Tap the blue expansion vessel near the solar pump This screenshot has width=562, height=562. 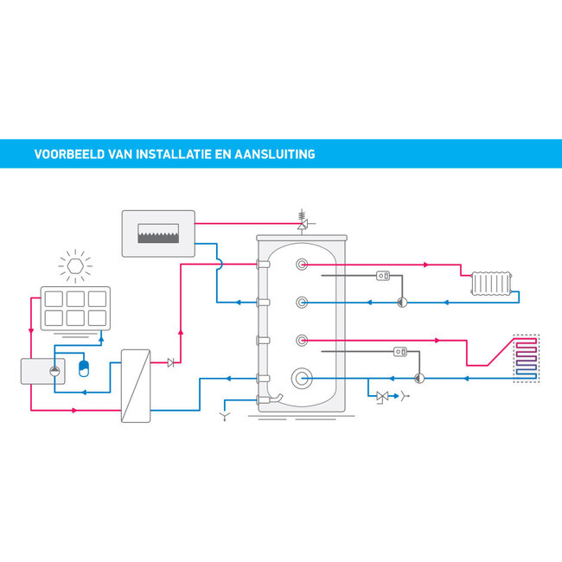point(83,367)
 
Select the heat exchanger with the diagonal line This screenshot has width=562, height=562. point(135,385)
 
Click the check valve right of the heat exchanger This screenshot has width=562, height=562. point(170,363)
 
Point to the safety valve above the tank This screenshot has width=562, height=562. point(303,223)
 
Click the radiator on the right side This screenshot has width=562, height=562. point(493,283)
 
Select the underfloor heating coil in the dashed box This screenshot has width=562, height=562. point(526,359)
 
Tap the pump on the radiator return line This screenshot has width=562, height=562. point(401,303)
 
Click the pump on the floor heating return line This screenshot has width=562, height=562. point(419,378)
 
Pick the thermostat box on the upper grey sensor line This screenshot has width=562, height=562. point(385,277)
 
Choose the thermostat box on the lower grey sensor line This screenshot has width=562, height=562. point(400,352)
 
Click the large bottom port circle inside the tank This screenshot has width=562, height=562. point(302,378)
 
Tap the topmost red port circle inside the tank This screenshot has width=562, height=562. point(301,265)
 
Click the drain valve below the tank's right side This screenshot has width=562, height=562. point(383,397)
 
